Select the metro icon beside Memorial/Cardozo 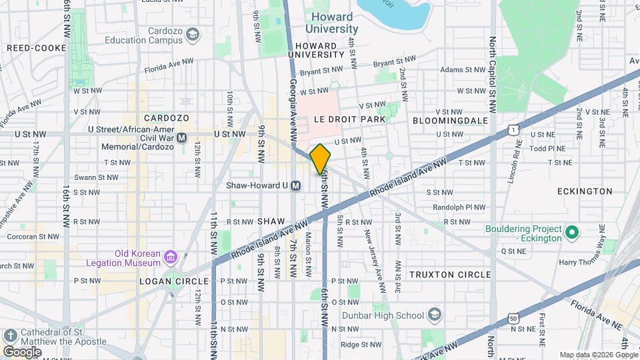coord(183,139)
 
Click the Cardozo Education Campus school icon coord(193,34)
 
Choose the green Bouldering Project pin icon coord(571,233)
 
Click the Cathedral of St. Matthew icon coord(9,335)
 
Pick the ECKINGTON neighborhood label coord(585,191)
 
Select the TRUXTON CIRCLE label coord(441,274)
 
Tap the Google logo coord(22,351)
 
